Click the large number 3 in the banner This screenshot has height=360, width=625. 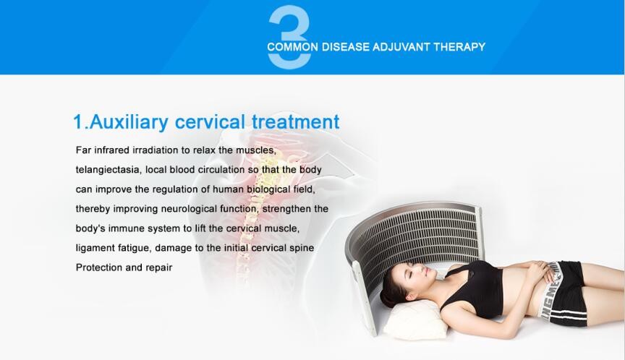tap(289, 37)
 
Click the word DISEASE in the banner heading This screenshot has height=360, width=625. tap(346, 47)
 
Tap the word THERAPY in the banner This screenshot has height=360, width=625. tap(459, 47)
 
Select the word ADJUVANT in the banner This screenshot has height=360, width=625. tap(401, 47)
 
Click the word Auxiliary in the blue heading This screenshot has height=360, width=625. tap(129, 122)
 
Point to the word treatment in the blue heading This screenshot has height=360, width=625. tap(296, 122)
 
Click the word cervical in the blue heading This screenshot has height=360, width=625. tap(210, 122)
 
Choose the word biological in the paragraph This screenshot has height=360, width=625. tap(268, 189)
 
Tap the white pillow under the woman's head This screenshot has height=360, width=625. tap(414, 320)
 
